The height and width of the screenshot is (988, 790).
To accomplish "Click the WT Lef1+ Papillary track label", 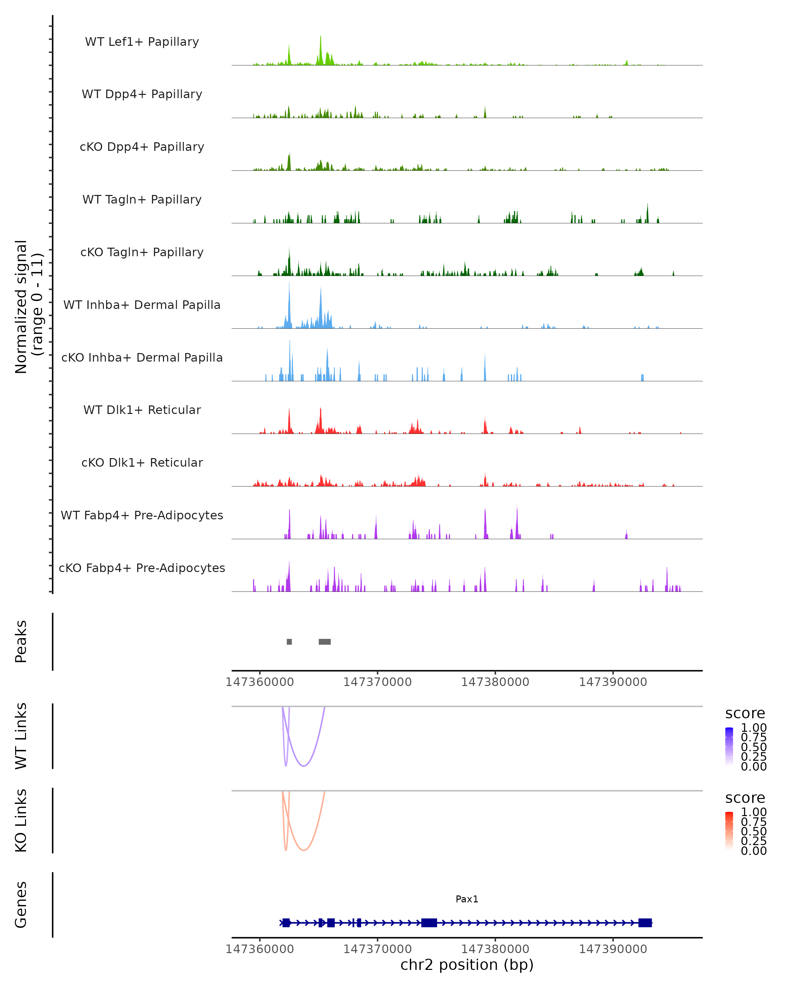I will coord(142,42).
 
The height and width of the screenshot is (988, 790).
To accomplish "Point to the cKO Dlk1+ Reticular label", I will coord(142,462).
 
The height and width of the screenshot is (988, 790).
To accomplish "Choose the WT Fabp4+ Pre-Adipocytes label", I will coord(142,515).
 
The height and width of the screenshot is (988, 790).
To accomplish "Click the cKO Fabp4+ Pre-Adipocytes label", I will coord(142,568).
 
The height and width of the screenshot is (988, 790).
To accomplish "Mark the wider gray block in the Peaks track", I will coord(325,642).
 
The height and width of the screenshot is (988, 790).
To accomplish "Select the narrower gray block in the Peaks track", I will coord(289,642).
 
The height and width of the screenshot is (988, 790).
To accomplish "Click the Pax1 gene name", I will coord(467,899).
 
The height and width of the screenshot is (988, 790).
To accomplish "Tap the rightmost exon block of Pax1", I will coord(645,922).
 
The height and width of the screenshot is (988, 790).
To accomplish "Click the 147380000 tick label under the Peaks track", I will coord(495,682).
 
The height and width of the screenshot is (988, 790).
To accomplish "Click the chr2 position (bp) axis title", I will coord(467,965).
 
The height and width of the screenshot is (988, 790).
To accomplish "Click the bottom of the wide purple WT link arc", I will coord(303,766).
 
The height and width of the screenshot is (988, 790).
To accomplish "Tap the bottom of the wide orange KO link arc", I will coord(303,850).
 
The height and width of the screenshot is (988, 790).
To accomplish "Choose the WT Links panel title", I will coord(21,736).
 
